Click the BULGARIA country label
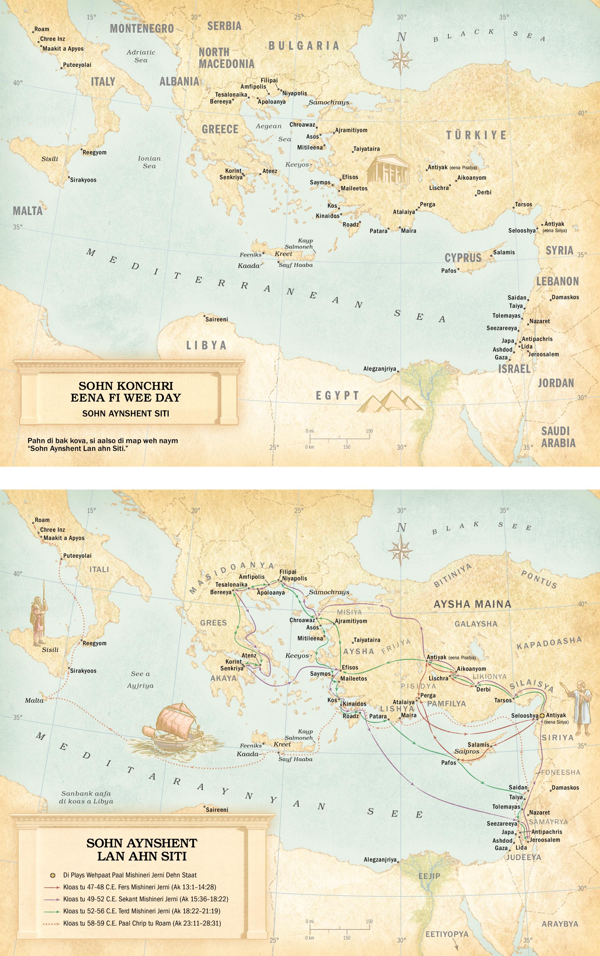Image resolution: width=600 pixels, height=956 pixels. [304, 46]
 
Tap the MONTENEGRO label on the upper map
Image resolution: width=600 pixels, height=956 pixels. [142, 29]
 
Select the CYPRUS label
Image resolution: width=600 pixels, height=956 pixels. [463, 258]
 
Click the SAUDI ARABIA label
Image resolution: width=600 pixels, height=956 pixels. [558, 437]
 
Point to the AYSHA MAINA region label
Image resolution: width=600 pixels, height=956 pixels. [472, 604]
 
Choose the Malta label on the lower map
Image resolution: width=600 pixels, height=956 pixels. [34, 700]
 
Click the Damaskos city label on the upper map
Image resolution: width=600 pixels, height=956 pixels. [565, 297]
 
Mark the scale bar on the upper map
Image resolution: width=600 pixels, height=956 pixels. [339, 439]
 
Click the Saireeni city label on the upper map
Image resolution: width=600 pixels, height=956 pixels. [216, 319]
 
